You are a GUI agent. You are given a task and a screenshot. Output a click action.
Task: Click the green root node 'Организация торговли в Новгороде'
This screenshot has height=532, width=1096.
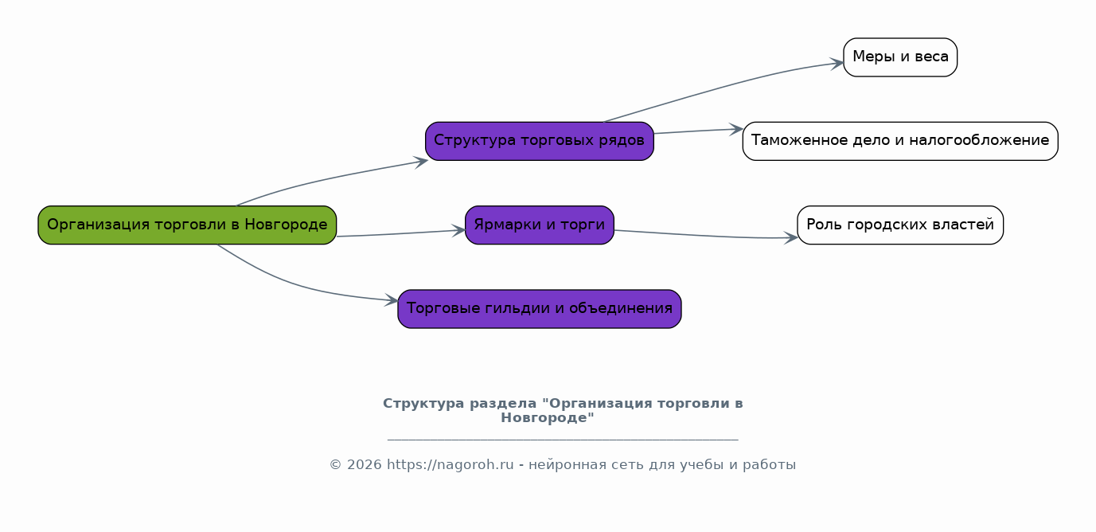[187, 225]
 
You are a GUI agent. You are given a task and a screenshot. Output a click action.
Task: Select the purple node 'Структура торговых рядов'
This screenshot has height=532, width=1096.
[539, 142]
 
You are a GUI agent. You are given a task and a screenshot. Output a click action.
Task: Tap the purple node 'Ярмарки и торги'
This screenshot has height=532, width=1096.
[539, 225]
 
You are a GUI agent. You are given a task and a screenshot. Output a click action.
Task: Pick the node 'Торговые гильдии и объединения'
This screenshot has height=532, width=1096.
[539, 309]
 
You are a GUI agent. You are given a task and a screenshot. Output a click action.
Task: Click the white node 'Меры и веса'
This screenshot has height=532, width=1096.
[899, 57]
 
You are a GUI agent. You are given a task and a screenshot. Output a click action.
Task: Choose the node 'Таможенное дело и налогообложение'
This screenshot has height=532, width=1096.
[899, 142]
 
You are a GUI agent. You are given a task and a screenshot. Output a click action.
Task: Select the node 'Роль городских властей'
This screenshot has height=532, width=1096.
[899, 225]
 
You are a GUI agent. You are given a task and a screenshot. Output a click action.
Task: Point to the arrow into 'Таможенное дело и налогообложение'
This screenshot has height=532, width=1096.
[697, 131]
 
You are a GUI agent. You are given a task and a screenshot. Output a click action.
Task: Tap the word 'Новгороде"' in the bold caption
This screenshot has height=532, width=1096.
[548, 418]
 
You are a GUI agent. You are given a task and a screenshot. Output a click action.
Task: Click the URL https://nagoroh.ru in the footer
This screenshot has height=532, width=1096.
[450, 465]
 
